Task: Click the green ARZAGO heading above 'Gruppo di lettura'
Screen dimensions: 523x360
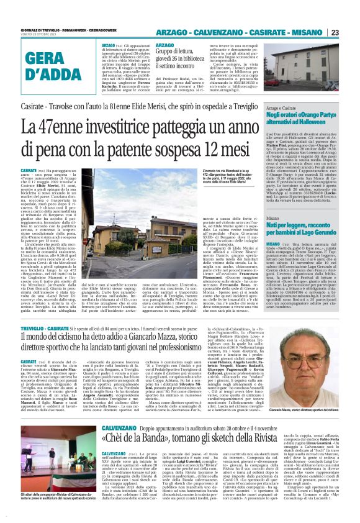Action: point(165,45)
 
